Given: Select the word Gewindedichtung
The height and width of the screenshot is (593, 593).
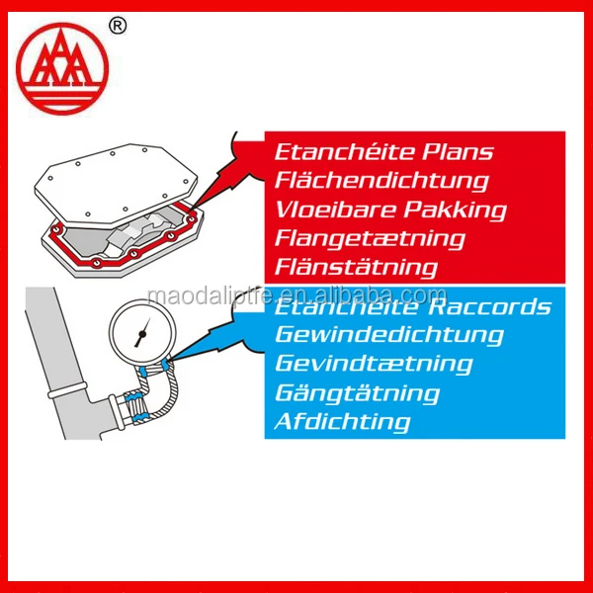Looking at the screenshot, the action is [388, 335].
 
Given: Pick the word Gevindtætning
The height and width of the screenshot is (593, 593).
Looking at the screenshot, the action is [373, 364].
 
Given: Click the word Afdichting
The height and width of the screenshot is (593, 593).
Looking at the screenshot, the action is [342, 422].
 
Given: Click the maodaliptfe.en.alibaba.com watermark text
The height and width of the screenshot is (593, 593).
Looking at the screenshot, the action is [296, 295].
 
